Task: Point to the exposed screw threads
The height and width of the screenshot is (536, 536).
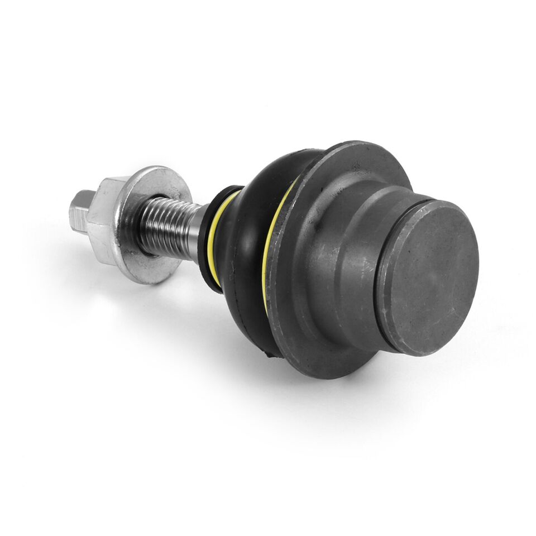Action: coord(167,226)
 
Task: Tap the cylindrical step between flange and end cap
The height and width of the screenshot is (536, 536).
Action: coord(346,240)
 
